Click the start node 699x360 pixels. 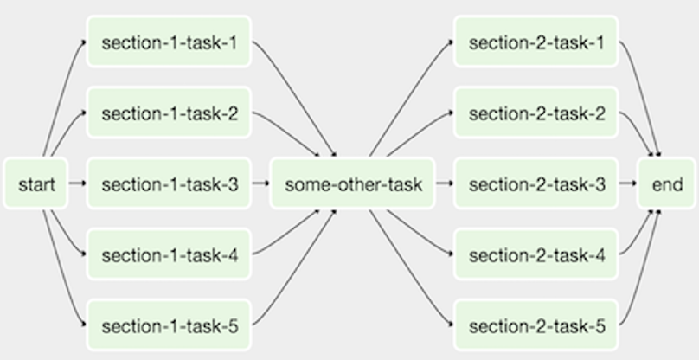[36, 183]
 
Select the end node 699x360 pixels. [667, 183]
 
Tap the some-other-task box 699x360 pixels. [353, 183]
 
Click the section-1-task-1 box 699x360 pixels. [169, 42]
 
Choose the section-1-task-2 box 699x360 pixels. [169, 112]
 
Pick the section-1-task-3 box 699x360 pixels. [169, 183]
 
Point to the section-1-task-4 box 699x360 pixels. [169, 254]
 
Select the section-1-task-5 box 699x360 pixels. [169, 325]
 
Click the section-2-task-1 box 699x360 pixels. [536, 42]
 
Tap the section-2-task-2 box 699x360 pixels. [536, 112]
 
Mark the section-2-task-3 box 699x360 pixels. [536, 183]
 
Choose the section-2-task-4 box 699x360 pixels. [536, 254]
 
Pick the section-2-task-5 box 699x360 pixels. [536, 325]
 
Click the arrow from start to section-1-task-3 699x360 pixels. [77, 183]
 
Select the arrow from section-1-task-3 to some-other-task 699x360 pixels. [260, 183]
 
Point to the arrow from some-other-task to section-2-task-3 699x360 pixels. [445, 183]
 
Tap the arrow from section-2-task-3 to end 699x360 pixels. [628, 183]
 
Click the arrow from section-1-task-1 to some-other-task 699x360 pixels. [298, 96]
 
